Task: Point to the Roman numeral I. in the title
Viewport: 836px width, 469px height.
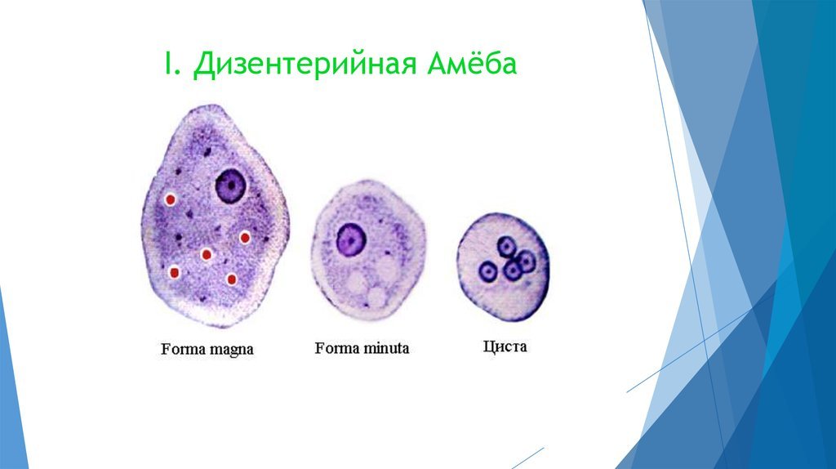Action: (171, 64)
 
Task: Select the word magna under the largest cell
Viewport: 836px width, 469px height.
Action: (231, 351)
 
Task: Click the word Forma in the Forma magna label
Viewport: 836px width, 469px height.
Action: (184, 349)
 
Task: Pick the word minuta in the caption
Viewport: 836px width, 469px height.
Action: (386, 348)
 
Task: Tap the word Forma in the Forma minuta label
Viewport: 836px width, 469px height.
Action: (337, 348)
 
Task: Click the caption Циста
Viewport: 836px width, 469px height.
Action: (505, 346)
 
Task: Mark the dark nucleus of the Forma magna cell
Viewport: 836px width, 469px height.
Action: (231, 185)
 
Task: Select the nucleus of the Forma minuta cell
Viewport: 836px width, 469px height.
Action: (351, 239)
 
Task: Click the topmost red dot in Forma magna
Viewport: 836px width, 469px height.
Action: (170, 199)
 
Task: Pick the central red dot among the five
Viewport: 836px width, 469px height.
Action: (207, 254)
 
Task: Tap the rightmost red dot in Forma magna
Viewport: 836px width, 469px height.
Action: (245, 238)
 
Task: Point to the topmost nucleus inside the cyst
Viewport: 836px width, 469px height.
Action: (506, 246)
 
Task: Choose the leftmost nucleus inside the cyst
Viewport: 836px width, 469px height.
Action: (487, 271)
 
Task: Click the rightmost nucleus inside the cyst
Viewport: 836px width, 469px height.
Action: (527, 261)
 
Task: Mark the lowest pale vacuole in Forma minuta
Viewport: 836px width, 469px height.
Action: (378, 297)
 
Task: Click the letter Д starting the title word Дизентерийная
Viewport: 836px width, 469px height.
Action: (203, 65)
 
